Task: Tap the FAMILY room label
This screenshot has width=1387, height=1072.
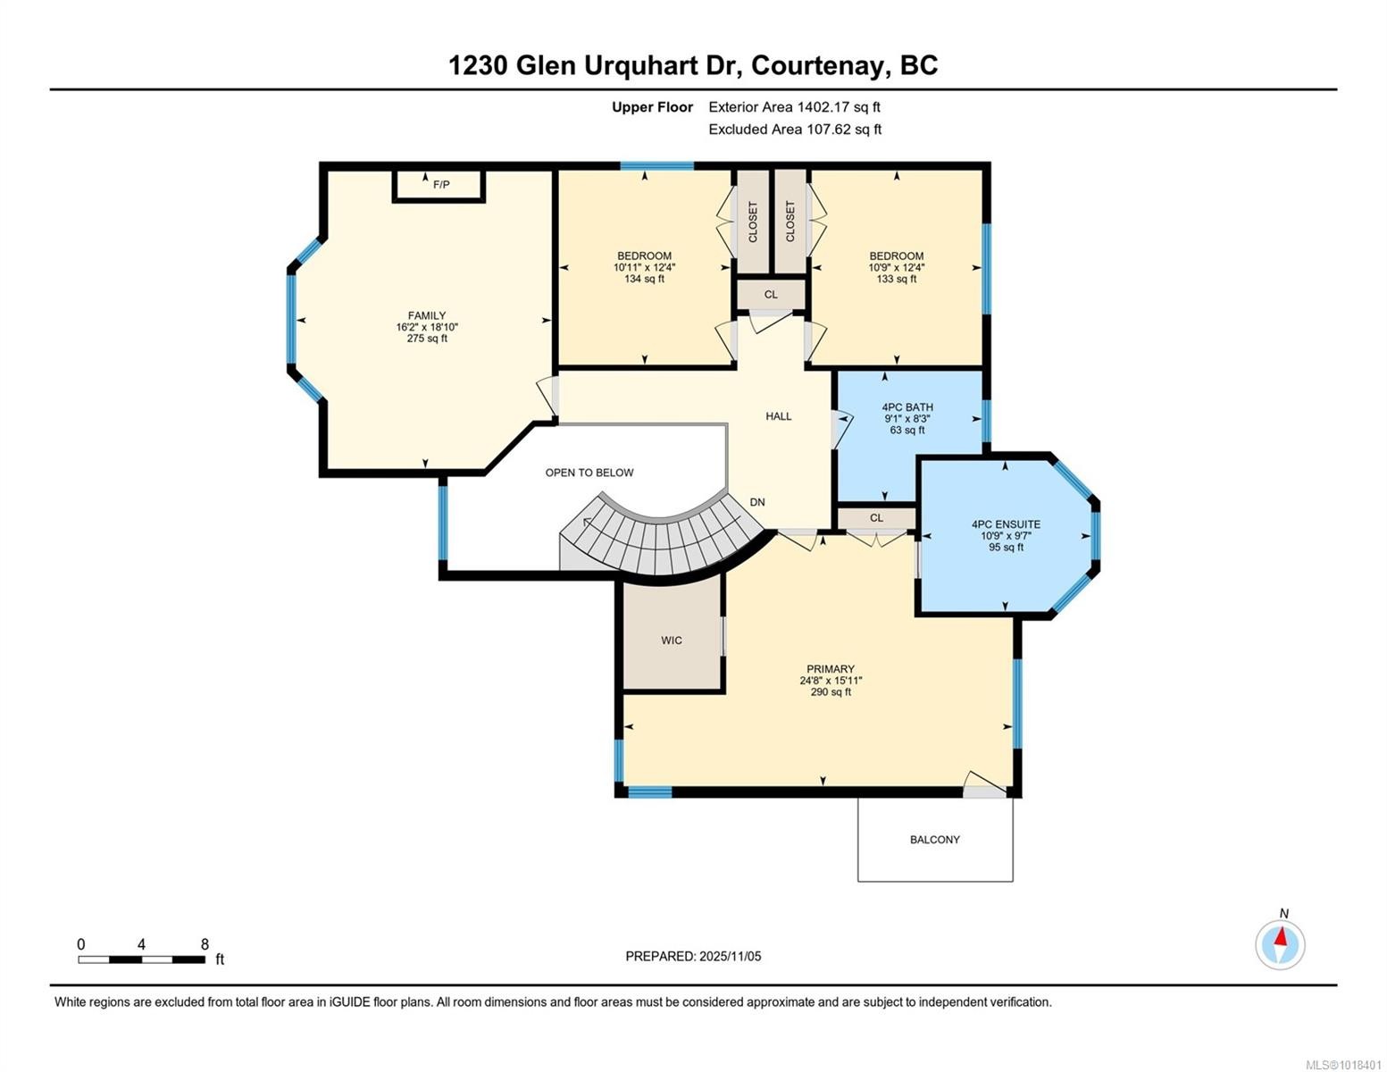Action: tap(427, 315)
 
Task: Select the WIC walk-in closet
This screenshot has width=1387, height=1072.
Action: tap(672, 640)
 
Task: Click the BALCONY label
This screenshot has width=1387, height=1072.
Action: tap(935, 840)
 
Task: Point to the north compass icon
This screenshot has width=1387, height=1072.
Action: tap(1280, 943)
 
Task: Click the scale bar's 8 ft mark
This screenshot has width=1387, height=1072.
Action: tap(205, 944)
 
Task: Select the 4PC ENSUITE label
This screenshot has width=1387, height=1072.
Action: tap(1006, 524)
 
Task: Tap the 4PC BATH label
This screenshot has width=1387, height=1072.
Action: tap(907, 407)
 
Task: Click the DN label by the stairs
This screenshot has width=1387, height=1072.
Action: tap(757, 502)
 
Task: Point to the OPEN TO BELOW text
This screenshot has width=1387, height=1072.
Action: tap(589, 473)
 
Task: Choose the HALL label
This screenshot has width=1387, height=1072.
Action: tap(778, 416)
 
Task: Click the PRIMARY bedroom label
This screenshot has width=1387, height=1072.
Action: tap(831, 669)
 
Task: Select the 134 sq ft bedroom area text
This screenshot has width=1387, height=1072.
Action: tap(644, 279)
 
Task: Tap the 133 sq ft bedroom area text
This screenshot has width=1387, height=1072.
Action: tap(897, 279)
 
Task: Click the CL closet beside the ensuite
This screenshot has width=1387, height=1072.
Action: tap(876, 518)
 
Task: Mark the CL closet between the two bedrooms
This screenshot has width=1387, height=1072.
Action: tap(771, 295)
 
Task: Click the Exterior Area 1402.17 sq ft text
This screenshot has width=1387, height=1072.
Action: tap(794, 107)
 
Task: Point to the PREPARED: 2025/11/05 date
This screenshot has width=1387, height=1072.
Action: tap(693, 956)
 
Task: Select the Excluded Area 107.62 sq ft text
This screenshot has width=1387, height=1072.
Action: tap(795, 130)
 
